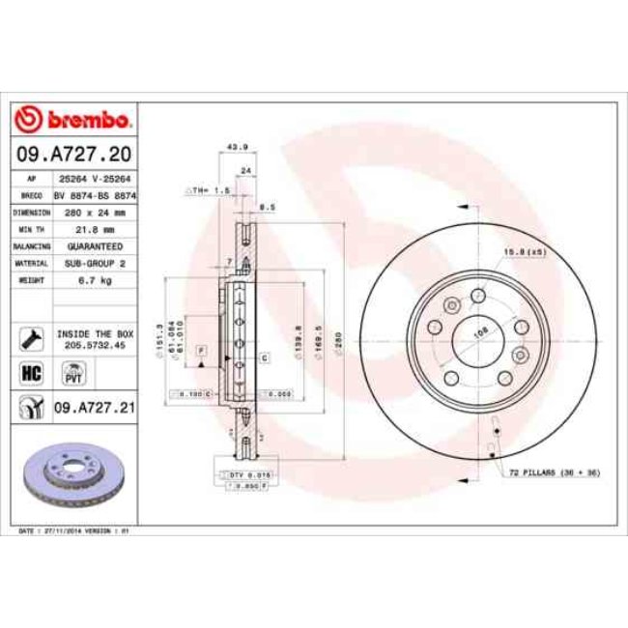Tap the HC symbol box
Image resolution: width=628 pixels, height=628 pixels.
(30, 370)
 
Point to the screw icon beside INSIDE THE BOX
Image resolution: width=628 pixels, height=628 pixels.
(30, 337)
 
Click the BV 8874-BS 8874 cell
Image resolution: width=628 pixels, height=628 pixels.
(94, 195)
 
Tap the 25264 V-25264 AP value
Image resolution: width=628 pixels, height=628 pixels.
(94, 179)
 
